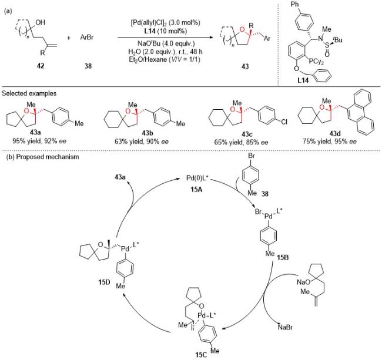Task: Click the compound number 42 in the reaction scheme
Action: [x=41, y=66]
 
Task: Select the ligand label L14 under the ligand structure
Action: [x=303, y=80]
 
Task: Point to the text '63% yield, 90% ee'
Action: [x=142, y=142]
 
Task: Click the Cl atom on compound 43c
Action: [x=284, y=122]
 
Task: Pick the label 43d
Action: [x=335, y=133]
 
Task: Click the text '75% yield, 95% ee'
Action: [x=330, y=142]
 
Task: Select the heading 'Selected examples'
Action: [x=29, y=93]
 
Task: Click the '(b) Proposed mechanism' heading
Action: [x=42, y=157]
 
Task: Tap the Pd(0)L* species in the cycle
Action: [x=197, y=178]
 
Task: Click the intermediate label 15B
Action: [x=283, y=257]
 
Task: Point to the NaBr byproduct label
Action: [x=285, y=327]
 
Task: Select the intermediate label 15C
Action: [x=201, y=355]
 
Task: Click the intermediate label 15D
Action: [x=104, y=282]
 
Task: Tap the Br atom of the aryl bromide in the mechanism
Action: [x=251, y=156]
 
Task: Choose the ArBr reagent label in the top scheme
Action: [x=87, y=38]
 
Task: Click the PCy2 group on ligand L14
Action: [x=316, y=62]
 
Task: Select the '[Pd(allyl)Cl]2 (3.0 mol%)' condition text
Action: [x=165, y=23]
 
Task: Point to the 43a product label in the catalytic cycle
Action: [x=120, y=177]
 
